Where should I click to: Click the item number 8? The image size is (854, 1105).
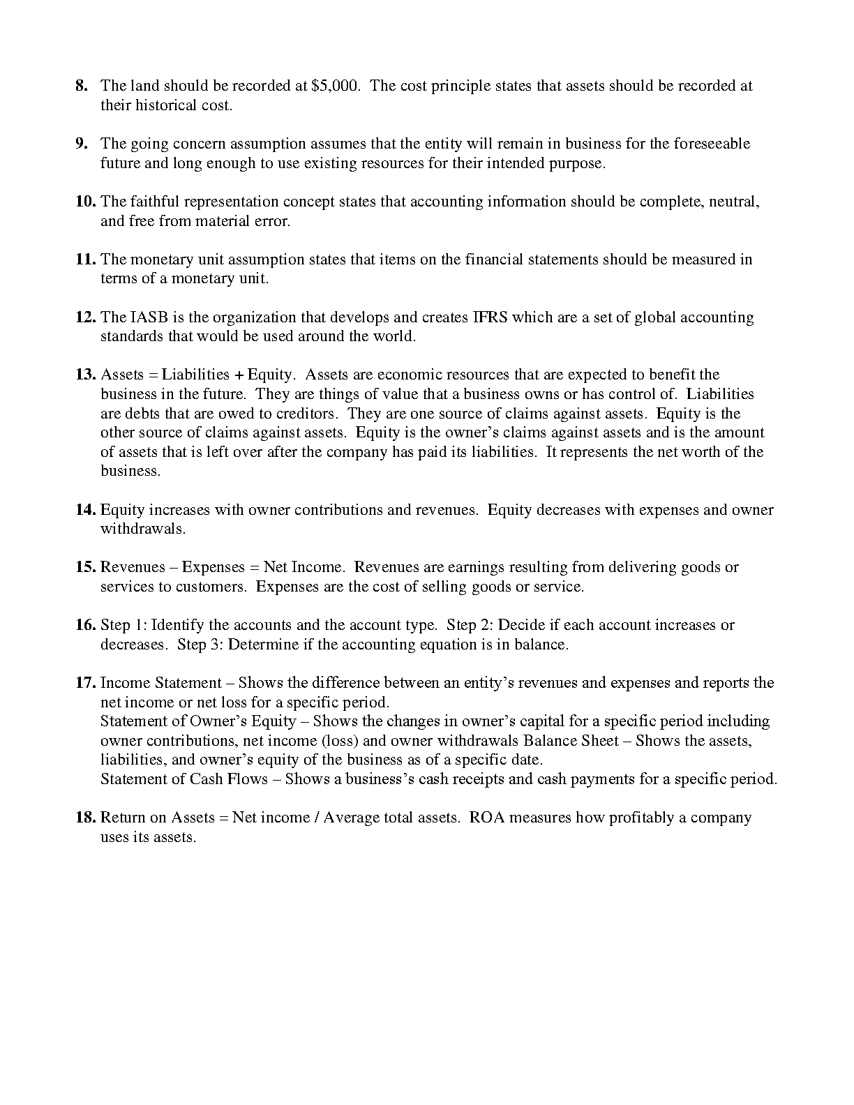pyautogui.click(x=82, y=86)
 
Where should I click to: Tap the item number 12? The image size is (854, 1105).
pyautogui.click(x=85, y=317)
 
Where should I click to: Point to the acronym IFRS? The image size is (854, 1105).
pyautogui.click(x=491, y=317)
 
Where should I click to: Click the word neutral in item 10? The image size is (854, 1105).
pyautogui.click(x=734, y=202)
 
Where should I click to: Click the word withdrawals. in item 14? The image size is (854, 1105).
pyautogui.click(x=143, y=529)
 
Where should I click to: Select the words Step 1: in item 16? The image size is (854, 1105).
pyautogui.click(x=123, y=625)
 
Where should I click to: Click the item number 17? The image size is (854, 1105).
pyautogui.click(x=85, y=683)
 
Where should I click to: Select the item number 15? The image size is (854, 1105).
pyautogui.click(x=85, y=567)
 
